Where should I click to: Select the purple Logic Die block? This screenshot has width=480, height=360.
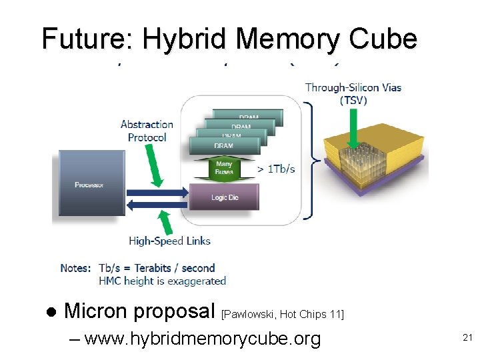tap(224, 197)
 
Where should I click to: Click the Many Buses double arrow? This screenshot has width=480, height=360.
tap(224, 168)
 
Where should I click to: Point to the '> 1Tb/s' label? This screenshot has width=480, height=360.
tap(276, 169)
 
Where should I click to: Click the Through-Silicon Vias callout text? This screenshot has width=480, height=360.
tap(353, 87)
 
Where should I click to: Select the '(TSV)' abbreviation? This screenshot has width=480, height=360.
tap(353, 101)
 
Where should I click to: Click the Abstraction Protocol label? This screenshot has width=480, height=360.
tap(147, 131)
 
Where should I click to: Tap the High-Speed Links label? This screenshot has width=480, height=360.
tap(169, 241)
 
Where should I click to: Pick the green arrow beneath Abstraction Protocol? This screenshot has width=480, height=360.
tap(155, 167)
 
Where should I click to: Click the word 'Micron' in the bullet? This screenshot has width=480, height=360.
tap(97, 311)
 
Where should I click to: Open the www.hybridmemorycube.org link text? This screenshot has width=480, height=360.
tap(203, 339)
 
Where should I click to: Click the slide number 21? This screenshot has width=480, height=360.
tap(467, 338)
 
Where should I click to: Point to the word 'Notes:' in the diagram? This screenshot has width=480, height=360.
tap(75, 268)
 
